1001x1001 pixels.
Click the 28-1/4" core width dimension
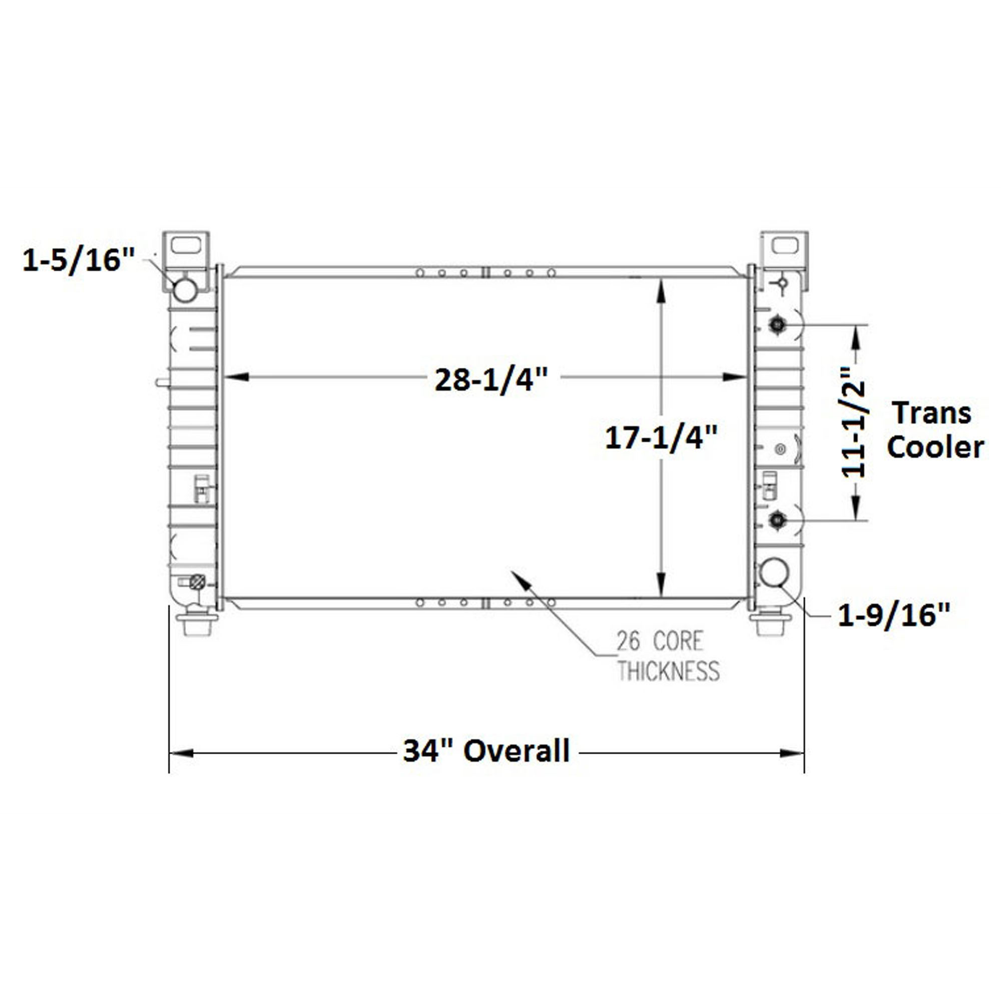(490, 381)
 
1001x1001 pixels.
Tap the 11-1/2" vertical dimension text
(853, 422)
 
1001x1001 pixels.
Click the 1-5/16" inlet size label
(78, 260)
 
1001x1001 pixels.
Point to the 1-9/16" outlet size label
(894, 616)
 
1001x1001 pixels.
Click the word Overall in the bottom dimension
(517, 751)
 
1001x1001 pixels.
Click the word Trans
(932, 413)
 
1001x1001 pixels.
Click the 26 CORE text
(660, 642)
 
